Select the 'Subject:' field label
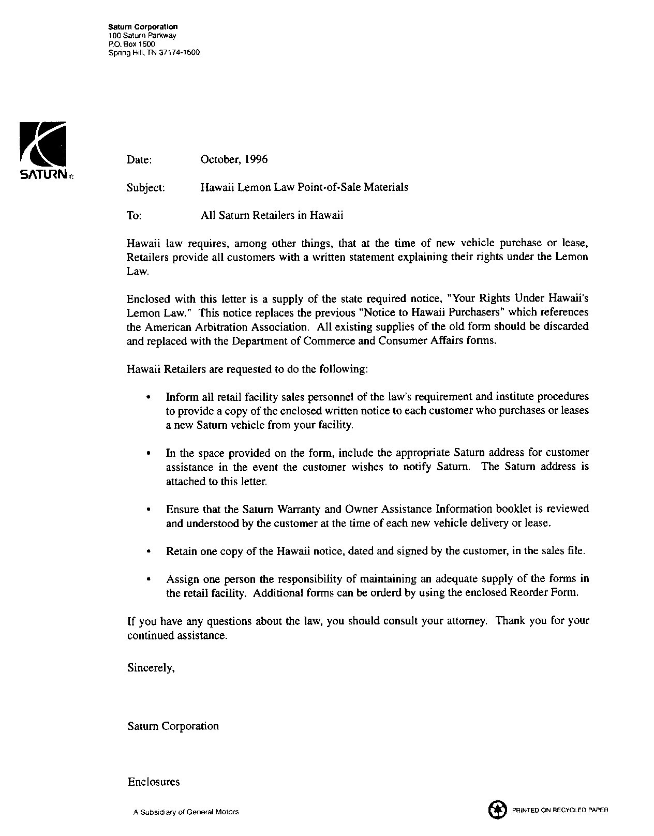145,188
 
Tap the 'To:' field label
133,216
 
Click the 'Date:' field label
139,160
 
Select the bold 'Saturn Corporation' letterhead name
143,27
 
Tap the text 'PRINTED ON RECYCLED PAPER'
560,810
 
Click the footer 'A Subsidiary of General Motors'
186,812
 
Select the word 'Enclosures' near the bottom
154,782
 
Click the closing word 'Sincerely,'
151,668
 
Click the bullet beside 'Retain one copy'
148,551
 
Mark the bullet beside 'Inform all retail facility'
148,398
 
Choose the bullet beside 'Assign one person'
148,579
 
